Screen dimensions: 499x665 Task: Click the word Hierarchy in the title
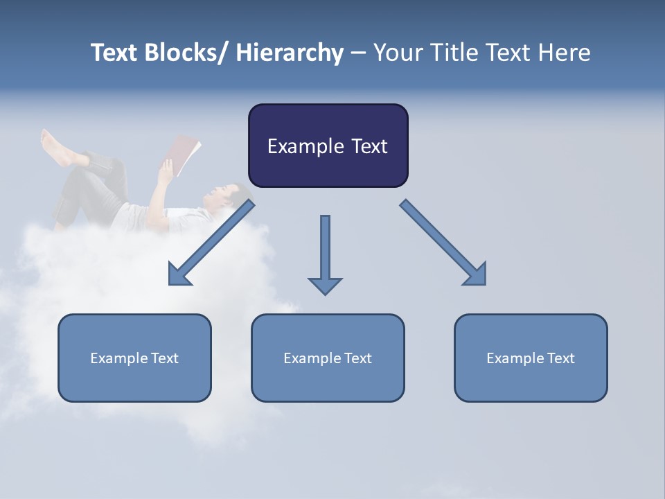[290, 53]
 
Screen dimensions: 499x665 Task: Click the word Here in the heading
[565, 53]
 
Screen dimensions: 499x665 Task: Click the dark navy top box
[328, 146]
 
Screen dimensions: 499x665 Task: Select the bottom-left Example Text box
[134, 358]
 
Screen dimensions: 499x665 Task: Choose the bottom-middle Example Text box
[328, 358]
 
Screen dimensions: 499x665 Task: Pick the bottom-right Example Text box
[531, 358]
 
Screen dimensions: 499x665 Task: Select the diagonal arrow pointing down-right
[443, 243]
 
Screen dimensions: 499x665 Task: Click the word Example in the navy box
[301, 146]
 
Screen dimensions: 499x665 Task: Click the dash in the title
[358, 53]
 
